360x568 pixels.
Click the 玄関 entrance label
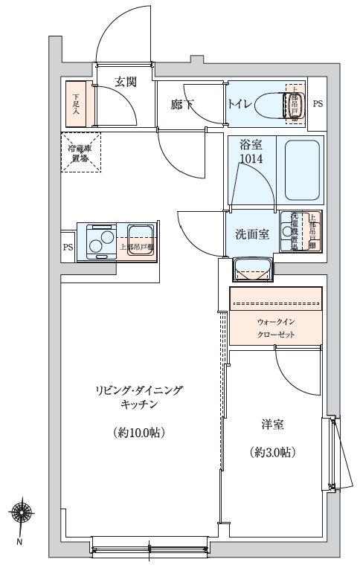[x=125, y=82]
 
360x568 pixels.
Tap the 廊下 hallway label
[x=182, y=105]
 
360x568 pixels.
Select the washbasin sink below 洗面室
[x=251, y=268]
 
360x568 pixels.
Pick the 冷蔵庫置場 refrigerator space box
[x=80, y=153]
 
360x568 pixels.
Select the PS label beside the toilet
[x=318, y=104]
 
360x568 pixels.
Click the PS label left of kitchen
[x=68, y=248]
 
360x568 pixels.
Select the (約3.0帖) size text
[x=272, y=451]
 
